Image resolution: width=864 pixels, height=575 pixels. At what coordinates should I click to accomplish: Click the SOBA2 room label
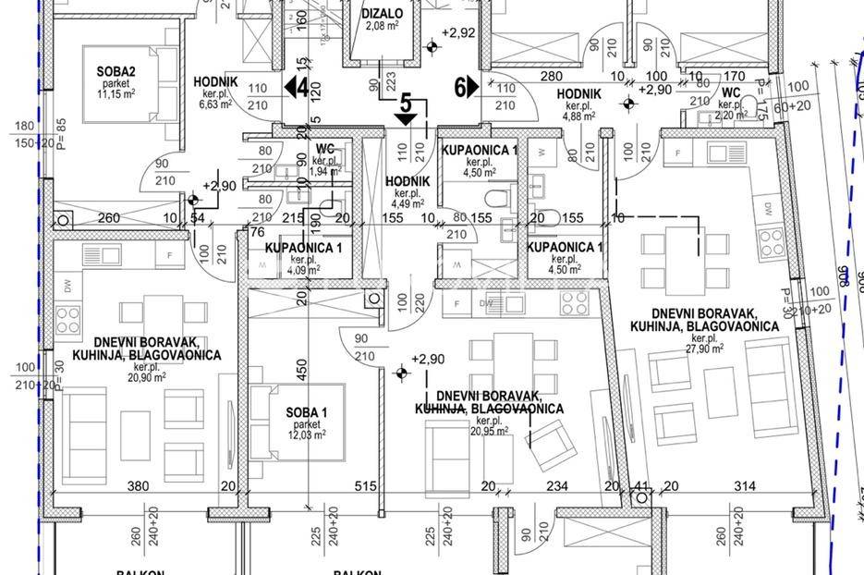[117, 71]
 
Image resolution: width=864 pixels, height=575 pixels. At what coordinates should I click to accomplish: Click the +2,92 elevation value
[458, 33]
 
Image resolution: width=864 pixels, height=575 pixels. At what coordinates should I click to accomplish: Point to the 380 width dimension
[137, 486]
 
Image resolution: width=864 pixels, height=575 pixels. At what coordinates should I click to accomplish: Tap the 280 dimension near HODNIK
[552, 76]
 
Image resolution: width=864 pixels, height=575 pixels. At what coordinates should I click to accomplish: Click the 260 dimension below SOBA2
[109, 218]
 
